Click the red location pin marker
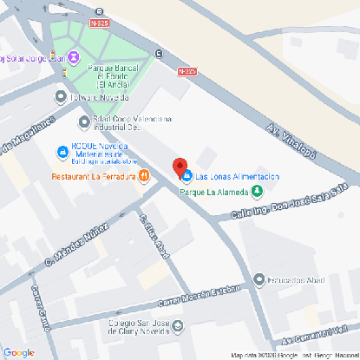point(180,167)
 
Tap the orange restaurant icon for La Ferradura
point(144,176)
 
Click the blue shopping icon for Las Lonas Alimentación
point(187,176)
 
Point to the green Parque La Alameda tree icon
point(257,192)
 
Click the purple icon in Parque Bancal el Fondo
point(75,58)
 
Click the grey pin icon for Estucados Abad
point(259,279)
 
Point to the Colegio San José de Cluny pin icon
point(178,328)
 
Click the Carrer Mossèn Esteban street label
point(190,298)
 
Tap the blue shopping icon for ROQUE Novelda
point(62,153)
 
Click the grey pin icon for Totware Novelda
point(60,97)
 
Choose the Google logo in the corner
point(18,351)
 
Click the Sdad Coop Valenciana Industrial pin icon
point(83,121)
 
